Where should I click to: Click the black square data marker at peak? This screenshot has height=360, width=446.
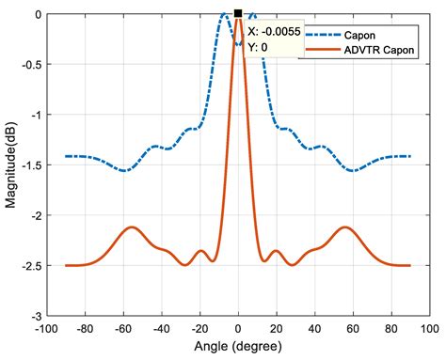[x=238, y=14]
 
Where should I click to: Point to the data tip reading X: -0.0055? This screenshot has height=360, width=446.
[x=266, y=31]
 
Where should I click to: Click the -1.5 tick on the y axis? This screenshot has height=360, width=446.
[x=27, y=165]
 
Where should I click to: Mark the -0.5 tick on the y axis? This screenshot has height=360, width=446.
[x=27, y=65]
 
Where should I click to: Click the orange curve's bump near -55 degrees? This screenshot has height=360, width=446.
[x=133, y=227]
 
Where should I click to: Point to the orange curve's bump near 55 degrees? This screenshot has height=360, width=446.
[x=345, y=227]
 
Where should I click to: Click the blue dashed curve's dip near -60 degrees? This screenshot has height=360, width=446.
[x=124, y=171]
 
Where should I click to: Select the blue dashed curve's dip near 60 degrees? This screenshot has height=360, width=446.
[x=353, y=171]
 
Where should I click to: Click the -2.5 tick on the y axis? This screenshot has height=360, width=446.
[x=27, y=266]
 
